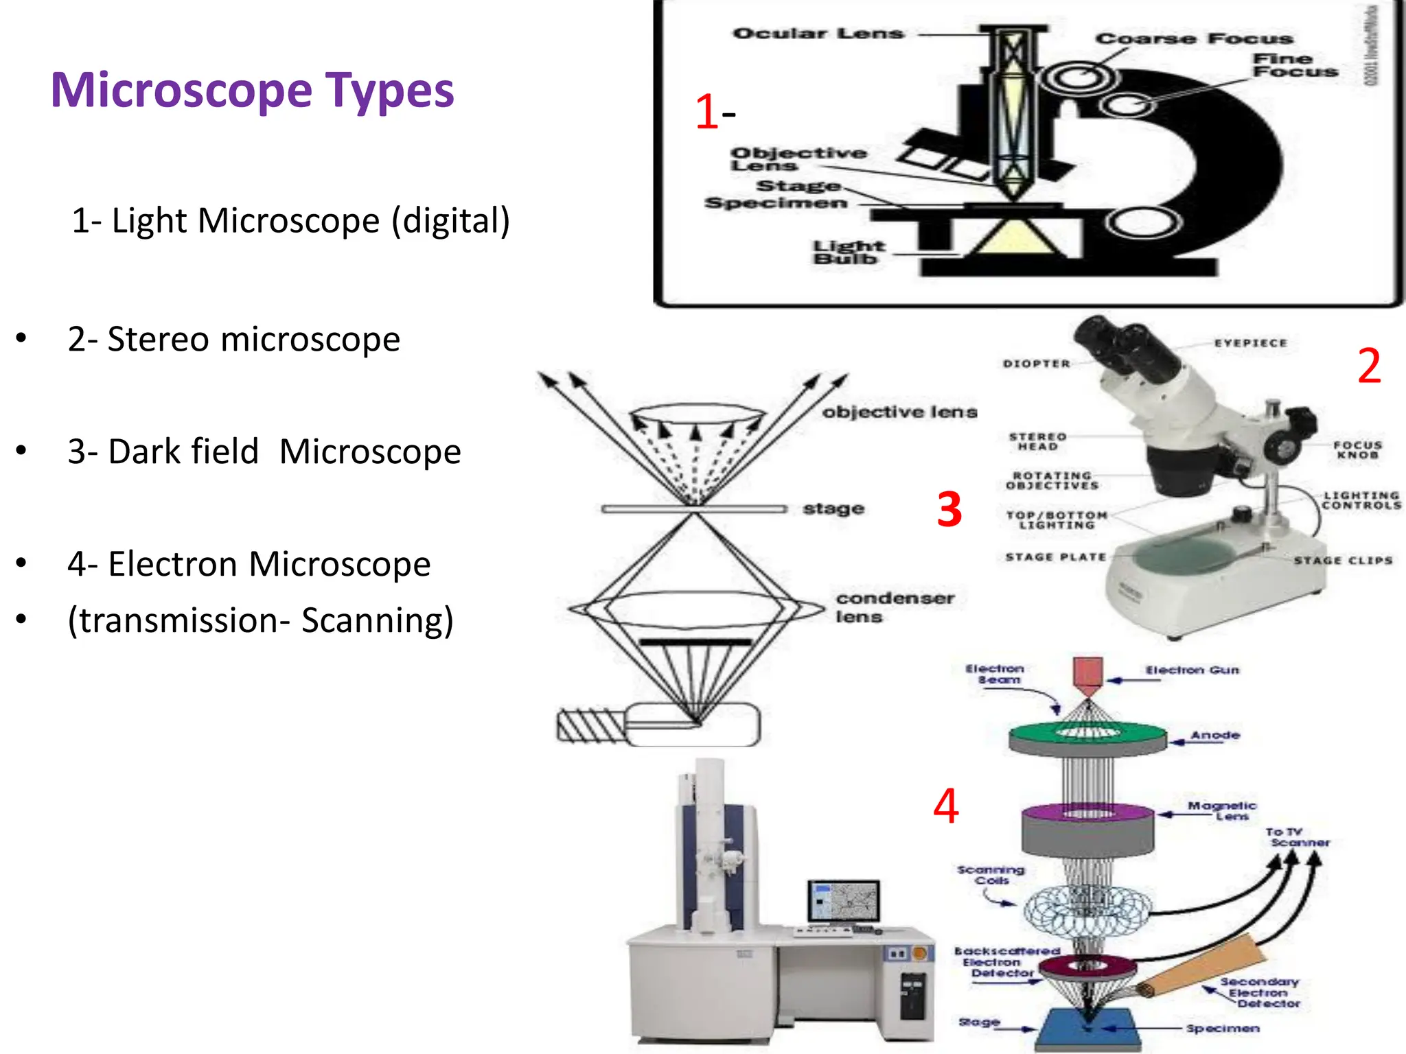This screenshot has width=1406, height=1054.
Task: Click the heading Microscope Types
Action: [252, 91]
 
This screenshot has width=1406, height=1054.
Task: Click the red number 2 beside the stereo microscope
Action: [1369, 366]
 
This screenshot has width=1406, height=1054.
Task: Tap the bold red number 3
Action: [949, 510]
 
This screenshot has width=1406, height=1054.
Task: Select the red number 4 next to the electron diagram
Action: [945, 806]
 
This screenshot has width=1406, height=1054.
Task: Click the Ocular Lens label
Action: [818, 34]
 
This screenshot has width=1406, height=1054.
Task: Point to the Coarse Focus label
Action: [1194, 39]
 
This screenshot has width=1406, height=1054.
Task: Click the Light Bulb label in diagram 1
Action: [849, 252]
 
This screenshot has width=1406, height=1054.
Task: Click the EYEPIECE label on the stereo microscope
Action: [1250, 343]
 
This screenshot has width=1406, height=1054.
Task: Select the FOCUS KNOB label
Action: [1357, 449]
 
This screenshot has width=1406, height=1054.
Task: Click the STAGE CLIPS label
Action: [1343, 561]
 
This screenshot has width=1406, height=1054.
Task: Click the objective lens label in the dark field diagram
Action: [899, 412]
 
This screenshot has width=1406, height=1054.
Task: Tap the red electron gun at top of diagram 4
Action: [1087, 673]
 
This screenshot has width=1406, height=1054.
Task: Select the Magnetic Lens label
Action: [1222, 810]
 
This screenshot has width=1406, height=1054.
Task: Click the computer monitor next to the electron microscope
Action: [843, 901]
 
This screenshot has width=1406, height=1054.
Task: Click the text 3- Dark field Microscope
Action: [264, 452]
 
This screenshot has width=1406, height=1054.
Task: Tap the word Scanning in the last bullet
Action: [377, 620]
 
